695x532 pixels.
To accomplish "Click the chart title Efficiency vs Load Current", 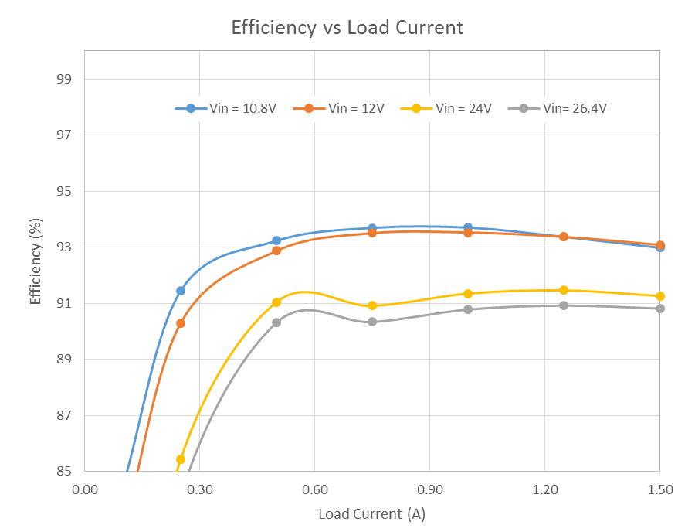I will point(347,28).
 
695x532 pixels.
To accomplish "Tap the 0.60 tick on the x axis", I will point(314,489).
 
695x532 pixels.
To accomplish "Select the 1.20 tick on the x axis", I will point(544,489).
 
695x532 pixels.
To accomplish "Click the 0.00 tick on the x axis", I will point(84,489).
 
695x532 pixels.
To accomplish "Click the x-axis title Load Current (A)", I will point(371,514).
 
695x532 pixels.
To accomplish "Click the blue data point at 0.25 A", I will point(181,291).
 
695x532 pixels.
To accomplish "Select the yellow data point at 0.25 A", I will point(181,459).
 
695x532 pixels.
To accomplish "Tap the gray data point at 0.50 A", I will point(276,322).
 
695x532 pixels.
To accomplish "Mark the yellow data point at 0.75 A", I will point(372,305).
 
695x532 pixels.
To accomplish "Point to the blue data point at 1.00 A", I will point(468,227).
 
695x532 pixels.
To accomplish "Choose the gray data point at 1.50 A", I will point(660,309).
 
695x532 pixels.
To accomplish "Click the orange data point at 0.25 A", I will point(181,323).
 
